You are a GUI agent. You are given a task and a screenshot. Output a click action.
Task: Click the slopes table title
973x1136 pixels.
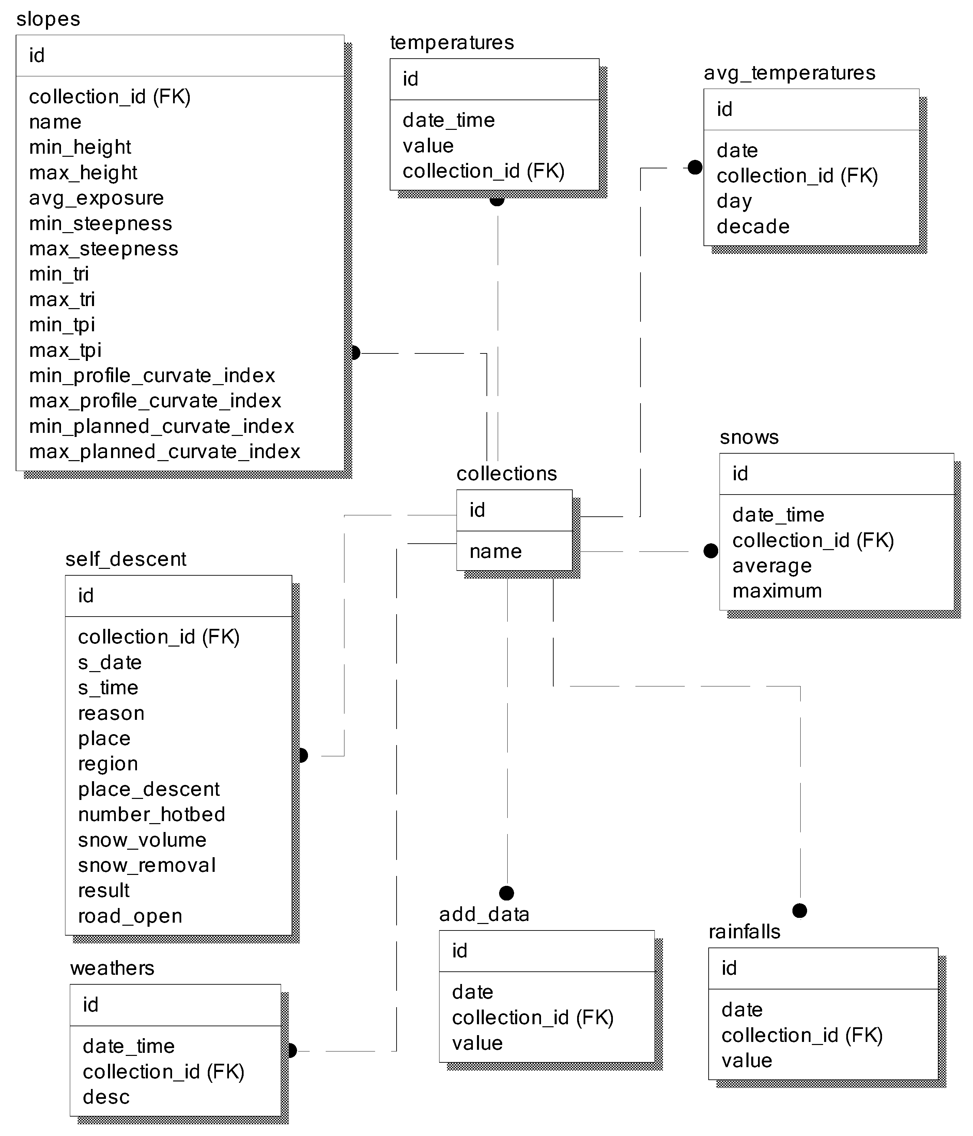48,19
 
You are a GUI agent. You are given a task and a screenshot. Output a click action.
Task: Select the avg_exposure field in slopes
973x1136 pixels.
96,198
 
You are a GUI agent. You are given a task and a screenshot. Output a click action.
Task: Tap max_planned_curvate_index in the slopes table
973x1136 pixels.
165,451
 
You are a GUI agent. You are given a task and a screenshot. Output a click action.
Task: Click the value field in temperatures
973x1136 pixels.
428,146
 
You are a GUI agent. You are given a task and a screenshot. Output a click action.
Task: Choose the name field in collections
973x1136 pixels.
496,551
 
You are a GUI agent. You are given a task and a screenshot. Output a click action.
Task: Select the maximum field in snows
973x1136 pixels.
777,591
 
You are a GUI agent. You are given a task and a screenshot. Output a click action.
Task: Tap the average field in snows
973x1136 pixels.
772,565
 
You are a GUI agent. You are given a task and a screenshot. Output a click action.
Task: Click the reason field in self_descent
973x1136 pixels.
111,713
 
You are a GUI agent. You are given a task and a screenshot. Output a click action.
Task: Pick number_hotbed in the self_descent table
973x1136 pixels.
151,814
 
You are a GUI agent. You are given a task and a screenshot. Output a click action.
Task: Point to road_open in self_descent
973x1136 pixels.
130,915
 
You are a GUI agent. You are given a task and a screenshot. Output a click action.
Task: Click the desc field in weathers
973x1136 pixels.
106,1097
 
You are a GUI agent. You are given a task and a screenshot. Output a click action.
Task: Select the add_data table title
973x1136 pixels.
484,914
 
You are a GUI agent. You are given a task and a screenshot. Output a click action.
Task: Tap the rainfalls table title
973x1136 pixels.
744,931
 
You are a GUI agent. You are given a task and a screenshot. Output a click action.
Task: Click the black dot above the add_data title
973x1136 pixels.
507,893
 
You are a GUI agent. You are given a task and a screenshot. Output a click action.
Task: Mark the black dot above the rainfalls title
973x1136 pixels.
800,911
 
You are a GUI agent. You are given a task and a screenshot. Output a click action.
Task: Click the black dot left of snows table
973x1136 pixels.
710,551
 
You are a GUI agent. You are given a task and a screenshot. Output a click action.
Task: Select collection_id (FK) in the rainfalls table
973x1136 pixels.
802,1035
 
